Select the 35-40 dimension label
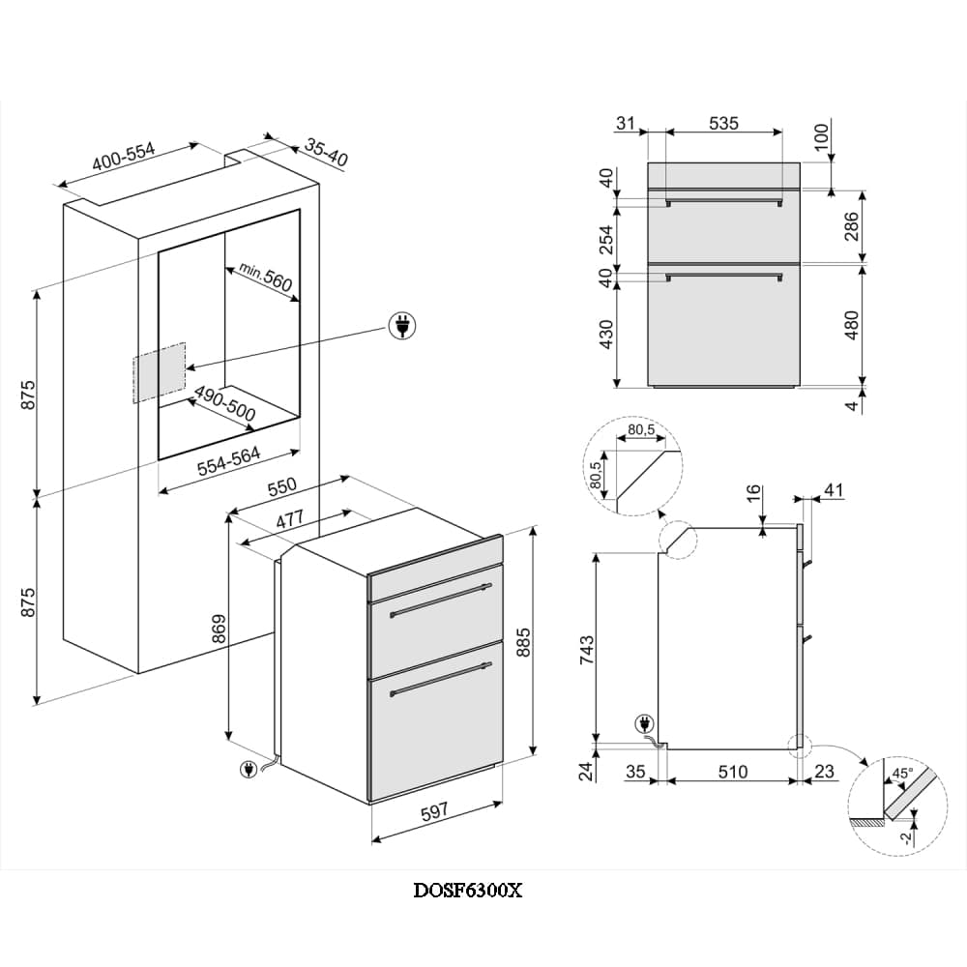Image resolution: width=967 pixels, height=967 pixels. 326,150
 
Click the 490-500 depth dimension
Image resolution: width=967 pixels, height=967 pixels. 224,404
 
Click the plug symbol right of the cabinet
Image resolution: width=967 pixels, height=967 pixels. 401,326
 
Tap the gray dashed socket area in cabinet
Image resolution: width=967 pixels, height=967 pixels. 159,371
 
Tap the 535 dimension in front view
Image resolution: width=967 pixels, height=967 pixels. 723,123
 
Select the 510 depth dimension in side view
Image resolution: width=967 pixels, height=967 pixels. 733,772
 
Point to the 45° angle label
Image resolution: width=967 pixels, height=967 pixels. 901,775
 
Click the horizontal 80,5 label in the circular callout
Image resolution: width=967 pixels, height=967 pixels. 642,429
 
